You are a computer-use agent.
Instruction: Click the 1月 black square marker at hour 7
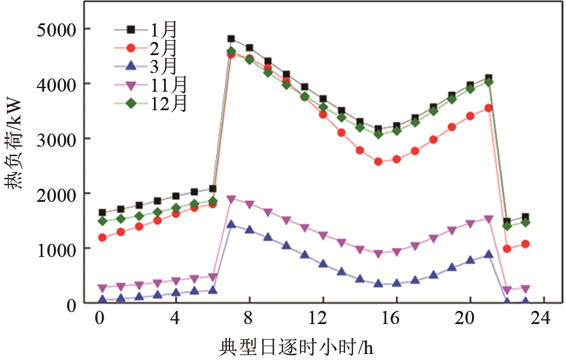[x=231, y=39]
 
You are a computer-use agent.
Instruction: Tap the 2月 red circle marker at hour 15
[x=378, y=162]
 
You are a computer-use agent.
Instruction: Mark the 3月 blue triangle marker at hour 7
[x=231, y=224]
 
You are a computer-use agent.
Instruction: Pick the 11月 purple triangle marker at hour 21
[x=488, y=219]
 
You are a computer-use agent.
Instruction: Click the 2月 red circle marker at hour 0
[x=102, y=238]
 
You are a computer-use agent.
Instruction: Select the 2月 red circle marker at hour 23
[x=525, y=244]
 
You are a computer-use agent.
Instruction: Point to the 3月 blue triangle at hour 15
[x=378, y=283]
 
